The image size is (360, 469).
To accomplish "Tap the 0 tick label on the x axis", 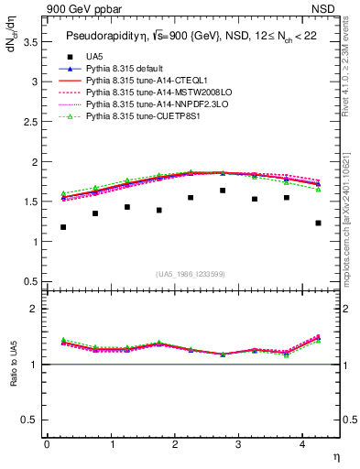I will tap(47, 445).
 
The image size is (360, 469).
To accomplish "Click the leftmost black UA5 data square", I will tap(63, 227).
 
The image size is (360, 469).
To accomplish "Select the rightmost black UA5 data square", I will tap(318, 223).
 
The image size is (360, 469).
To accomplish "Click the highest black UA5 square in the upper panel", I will tap(223, 191).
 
